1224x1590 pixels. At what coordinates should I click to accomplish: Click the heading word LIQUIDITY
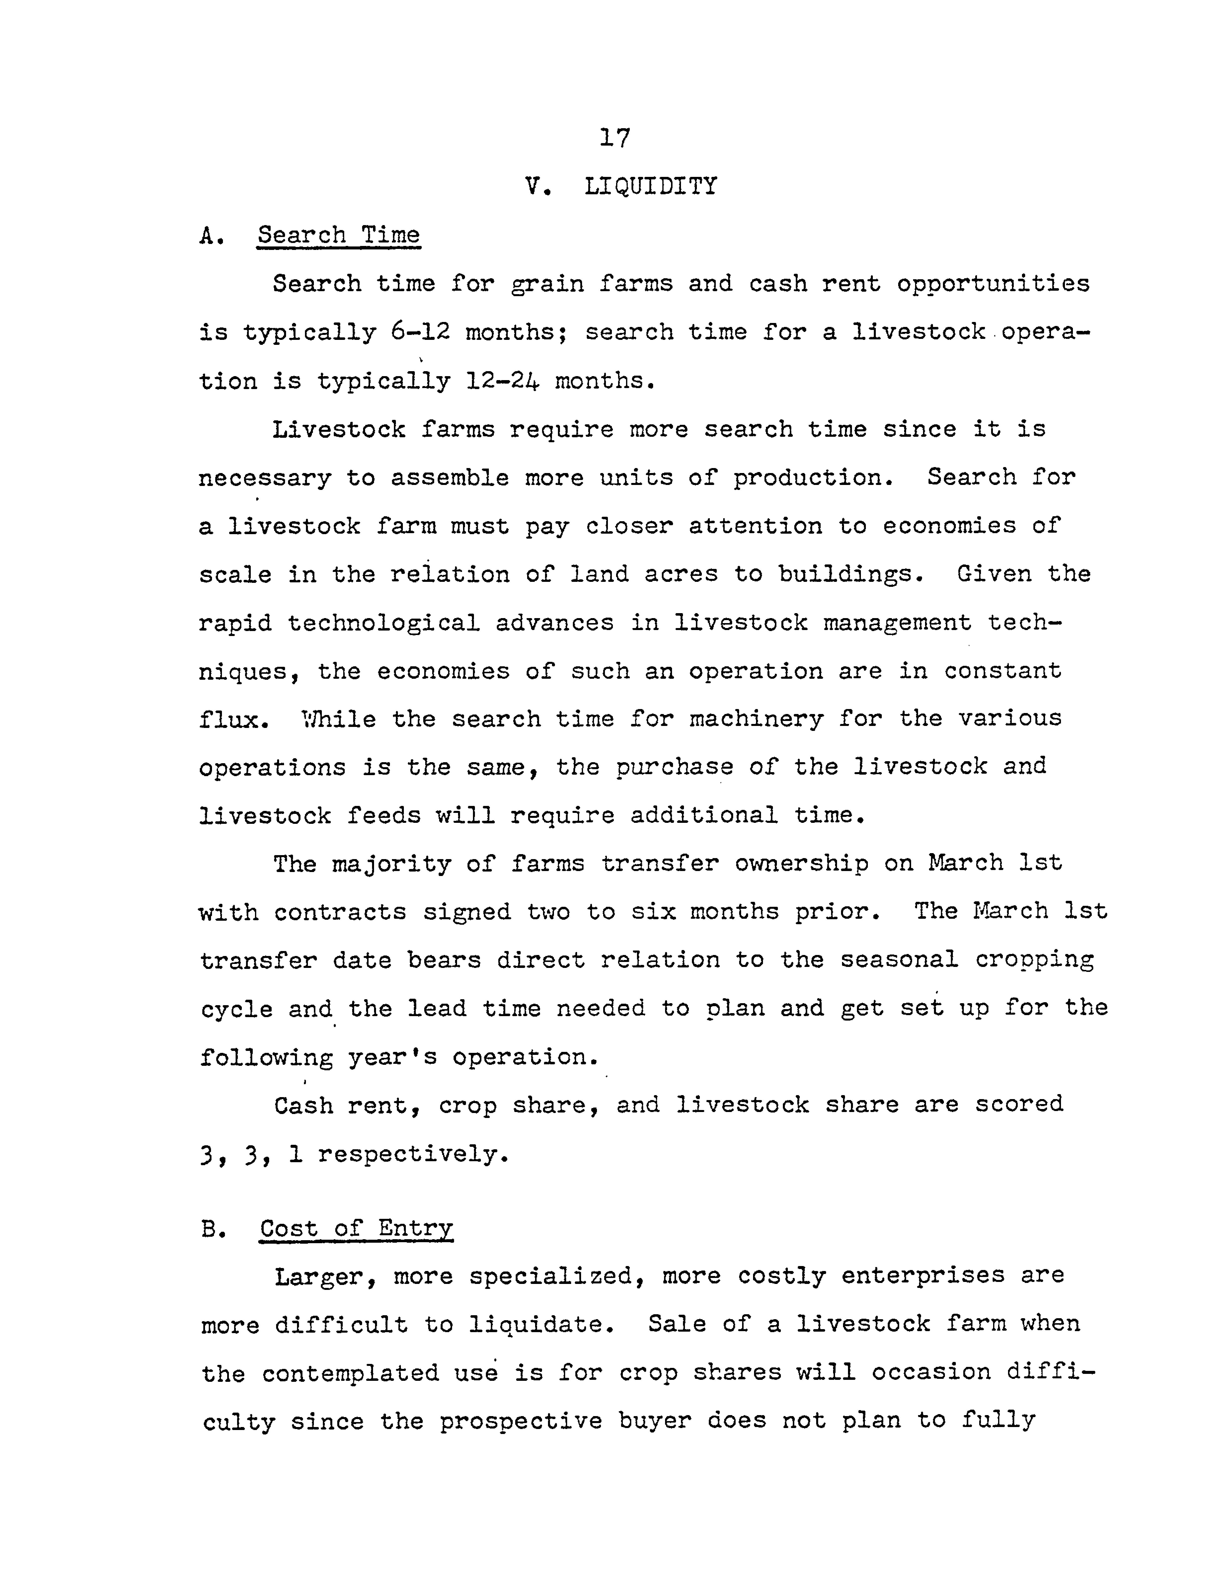(x=650, y=186)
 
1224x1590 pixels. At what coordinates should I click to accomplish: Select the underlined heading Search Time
(x=338, y=235)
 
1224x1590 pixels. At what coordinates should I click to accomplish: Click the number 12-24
(x=503, y=381)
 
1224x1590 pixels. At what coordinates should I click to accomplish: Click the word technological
(x=384, y=623)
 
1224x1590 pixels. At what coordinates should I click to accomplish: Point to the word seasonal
(x=899, y=960)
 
